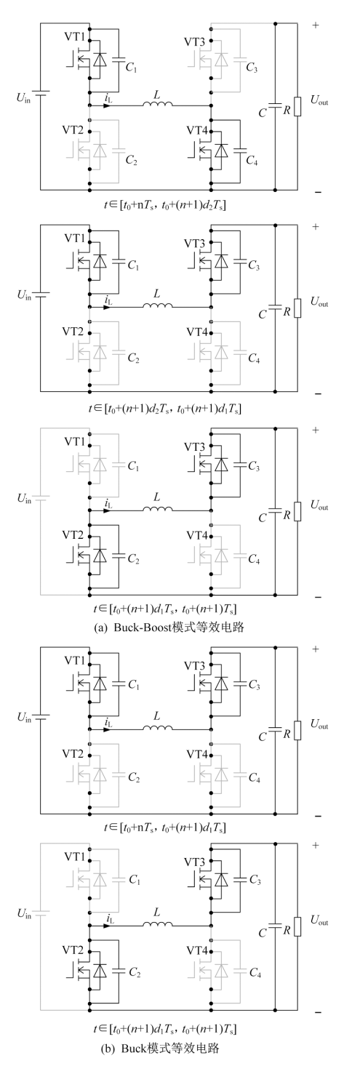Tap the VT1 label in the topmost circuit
pyautogui.click(x=76, y=36)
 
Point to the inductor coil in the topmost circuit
pyautogui.click(x=158, y=103)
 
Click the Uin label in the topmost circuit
pyautogui.click(x=23, y=98)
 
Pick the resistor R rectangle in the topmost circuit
pyautogui.click(x=297, y=107)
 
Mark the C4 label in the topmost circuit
pyautogui.click(x=252, y=161)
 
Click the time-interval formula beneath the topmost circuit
pyautogui.click(x=165, y=206)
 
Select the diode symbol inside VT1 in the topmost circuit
pyautogui.click(x=100, y=60)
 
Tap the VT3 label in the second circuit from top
pyautogui.click(x=195, y=244)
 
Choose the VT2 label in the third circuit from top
pyautogui.click(x=73, y=535)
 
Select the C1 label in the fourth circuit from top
pyautogui.click(x=134, y=685)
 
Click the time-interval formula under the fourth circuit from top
pyautogui.click(x=165, y=828)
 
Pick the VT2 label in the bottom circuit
pyautogui.click(x=73, y=950)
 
